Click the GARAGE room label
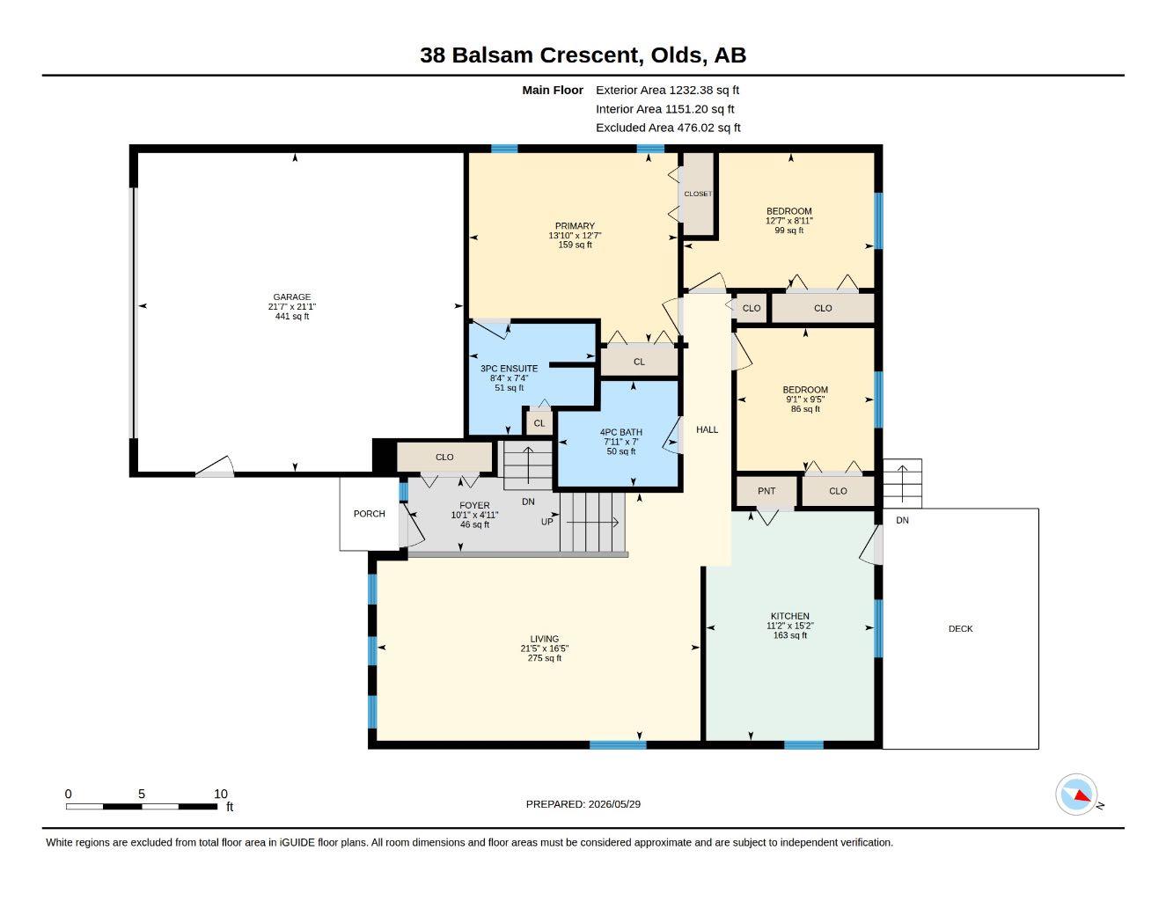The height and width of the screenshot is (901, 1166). pyautogui.click(x=291, y=297)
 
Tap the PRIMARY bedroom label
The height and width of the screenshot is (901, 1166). pyautogui.click(x=575, y=226)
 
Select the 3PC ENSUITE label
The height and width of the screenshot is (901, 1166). pyautogui.click(x=509, y=369)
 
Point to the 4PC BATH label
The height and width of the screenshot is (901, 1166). pyautogui.click(x=620, y=432)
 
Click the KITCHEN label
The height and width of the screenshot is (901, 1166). pyautogui.click(x=790, y=616)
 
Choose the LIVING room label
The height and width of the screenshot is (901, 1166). pyautogui.click(x=544, y=639)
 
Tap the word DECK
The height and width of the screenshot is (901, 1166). pyautogui.click(x=960, y=628)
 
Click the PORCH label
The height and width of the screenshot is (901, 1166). pyautogui.click(x=370, y=514)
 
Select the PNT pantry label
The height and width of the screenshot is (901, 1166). pyautogui.click(x=766, y=491)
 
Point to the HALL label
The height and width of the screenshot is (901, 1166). pyautogui.click(x=707, y=429)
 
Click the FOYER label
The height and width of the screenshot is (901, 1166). pyautogui.click(x=474, y=505)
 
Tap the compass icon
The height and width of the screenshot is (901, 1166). pyautogui.click(x=1076, y=795)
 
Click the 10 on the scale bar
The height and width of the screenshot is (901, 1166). pyautogui.click(x=221, y=794)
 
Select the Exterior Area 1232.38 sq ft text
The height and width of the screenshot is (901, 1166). pyautogui.click(x=667, y=90)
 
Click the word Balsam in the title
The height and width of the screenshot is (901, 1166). pyautogui.click(x=492, y=55)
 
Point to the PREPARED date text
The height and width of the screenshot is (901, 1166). pyautogui.click(x=583, y=804)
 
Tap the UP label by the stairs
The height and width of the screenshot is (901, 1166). pyautogui.click(x=546, y=522)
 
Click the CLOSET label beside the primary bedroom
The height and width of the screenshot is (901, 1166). pyautogui.click(x=698, y=194)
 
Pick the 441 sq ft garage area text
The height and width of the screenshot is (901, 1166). pyautogui.click(x=292, y=317)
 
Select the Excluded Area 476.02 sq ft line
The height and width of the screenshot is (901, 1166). pyautogui.click(x=668, y=128)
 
